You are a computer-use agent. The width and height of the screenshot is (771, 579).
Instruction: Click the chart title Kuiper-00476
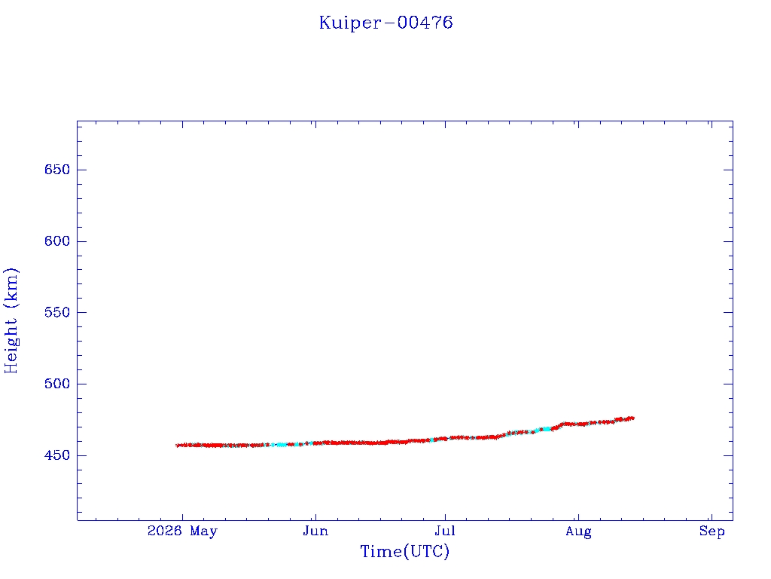click(386, 23)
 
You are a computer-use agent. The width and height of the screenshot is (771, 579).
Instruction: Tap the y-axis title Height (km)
click(11, 320)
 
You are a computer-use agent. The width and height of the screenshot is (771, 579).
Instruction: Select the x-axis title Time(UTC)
click(404, 551)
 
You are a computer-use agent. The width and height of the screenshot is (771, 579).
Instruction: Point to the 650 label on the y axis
click(57, 170)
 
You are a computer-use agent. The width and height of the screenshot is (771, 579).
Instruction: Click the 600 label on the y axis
click(57, 241)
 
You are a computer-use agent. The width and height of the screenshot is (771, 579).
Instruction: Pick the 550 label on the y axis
click(57, 313)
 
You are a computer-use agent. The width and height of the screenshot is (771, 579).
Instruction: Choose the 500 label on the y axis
click(57, 384)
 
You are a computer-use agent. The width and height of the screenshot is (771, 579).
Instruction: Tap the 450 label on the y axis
click(57, 455)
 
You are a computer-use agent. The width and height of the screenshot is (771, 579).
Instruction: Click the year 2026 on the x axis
click(165, 531)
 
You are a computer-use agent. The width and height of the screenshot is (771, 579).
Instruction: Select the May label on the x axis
click(203, 532)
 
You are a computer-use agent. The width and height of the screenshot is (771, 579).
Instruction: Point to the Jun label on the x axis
click(315, 531)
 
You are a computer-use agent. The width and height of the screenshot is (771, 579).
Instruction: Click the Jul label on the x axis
click(445, 531)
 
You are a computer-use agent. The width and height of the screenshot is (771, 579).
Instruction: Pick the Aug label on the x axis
click(578, 532)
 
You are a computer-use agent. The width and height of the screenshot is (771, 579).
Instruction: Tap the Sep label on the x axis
click(712, 532)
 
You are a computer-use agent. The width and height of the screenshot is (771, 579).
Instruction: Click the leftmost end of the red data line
click(176, 445)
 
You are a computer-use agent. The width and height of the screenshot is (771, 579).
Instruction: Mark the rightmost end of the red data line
click(634, 418)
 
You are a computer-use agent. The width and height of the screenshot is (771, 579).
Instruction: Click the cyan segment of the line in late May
click(282, 445)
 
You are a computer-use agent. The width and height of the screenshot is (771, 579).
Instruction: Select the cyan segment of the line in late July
click(545, 429)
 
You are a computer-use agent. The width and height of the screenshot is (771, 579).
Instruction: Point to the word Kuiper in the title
click(349, 23)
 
